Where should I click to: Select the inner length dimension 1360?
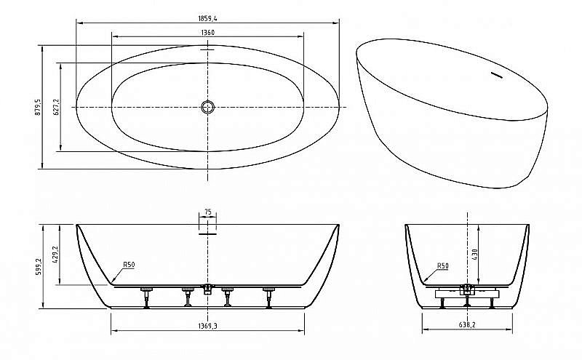point(207,33)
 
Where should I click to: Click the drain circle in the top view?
point(208,107)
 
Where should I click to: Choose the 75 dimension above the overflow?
point(208,212)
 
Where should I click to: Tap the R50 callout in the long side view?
point(129,264)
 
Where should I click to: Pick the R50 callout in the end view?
point(443,265)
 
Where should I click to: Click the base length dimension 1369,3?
point(207,326)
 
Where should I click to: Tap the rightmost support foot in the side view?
point(269,296)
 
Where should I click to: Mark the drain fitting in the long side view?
point(208,288)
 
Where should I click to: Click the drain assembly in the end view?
point(466,291)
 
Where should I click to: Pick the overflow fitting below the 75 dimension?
point(208,230)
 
